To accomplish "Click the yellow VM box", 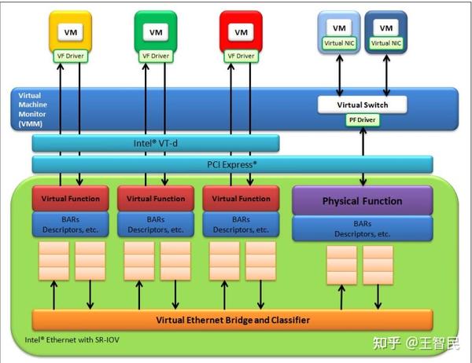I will (x=70, y=32).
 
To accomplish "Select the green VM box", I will (x=155, y=32).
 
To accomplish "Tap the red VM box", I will (x=240, y=32).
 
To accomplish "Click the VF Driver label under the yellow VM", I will (x=70, y=56).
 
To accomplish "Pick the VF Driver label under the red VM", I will (x=240, y=56).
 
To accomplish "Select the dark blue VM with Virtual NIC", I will (x=385, y=32).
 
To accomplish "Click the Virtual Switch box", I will (x=363, y=104).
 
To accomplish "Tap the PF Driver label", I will (x=363, y=120).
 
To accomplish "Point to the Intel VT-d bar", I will (x=156, y=143).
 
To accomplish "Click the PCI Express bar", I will (x=232, y=164).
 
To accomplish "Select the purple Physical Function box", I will (x=362, y=201).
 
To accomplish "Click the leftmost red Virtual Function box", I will (x=70, y=199).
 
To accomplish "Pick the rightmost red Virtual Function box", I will (x=240, y=199).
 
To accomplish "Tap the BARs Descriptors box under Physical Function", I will (x=362, y=229).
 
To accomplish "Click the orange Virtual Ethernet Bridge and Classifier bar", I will (x=232, y=320).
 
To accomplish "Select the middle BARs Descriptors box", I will (x=155, y=225).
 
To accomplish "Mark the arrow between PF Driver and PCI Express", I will (x=363, y=141).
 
